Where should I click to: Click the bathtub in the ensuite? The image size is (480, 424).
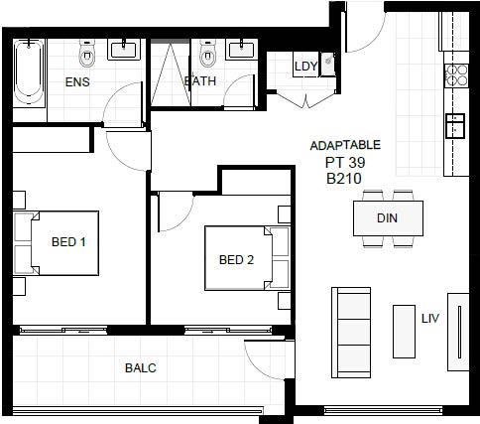click(x=29, y=72)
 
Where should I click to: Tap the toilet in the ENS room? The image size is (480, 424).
click(x=87, y=53)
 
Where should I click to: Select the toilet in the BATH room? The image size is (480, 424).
click(x=207, y=53)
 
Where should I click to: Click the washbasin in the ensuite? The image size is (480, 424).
click(x=124, y=50)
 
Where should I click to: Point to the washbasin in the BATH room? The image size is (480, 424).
click(x=242, y=50)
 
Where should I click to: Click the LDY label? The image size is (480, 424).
click(x=305, y=67)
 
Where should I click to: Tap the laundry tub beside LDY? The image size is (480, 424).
click(x=327, y=65)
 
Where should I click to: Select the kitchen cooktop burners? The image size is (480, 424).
click(x=456, y=75)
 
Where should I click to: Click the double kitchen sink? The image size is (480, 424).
click(x=455, y=125)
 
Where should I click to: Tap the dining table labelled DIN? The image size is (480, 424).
click(x=388, y=218)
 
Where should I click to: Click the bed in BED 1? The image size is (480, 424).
click(x=57, y=243)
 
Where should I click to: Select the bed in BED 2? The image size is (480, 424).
click(x=247, y=258)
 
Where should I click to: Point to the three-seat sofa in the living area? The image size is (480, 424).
click(x=351, y=333)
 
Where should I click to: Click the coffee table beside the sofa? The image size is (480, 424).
click(x=404, y=332)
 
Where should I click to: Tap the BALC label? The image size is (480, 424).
click(x=141, y=368)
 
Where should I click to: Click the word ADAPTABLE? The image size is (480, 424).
click(x=345, y=146)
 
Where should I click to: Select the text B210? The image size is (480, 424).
click(x=344, y=179)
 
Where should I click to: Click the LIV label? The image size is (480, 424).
click(x=430, y=319)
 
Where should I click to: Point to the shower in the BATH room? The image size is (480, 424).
click(x=171, y=72)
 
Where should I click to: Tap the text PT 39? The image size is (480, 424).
click(x=345, y=163)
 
